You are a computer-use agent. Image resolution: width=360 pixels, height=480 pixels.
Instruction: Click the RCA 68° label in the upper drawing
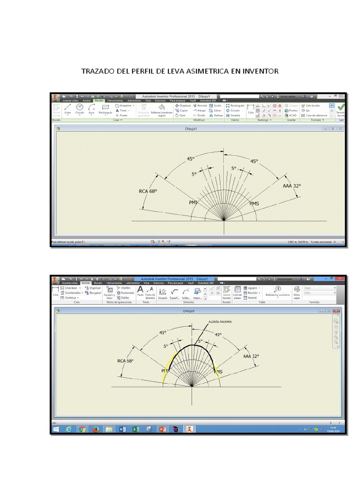148,191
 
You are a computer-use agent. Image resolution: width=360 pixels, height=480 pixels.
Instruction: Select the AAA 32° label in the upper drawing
292,186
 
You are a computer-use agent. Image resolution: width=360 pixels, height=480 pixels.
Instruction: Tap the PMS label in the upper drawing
254,203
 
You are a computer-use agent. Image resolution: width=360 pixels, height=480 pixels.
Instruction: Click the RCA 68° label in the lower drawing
125,361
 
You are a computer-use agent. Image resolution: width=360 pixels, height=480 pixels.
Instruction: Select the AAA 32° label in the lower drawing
251,356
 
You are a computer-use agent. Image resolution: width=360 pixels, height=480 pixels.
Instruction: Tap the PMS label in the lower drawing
218,372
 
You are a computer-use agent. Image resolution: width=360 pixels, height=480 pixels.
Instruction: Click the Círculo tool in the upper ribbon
80,109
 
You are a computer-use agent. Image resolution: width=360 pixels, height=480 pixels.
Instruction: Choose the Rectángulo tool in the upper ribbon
105,109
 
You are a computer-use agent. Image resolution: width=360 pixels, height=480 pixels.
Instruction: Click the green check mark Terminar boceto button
341,110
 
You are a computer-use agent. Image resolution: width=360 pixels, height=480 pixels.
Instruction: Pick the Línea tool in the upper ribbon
67,109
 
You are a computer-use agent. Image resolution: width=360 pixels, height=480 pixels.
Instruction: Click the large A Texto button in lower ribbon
140,291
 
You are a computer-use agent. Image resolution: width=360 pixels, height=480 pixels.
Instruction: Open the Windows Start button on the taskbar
56,429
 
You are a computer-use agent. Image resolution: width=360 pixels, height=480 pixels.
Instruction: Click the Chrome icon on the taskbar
82,429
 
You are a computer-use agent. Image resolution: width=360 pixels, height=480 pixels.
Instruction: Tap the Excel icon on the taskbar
135,429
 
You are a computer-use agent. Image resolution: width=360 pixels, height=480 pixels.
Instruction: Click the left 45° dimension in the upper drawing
191,159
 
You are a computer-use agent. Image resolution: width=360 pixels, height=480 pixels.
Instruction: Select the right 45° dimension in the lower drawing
218,335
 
